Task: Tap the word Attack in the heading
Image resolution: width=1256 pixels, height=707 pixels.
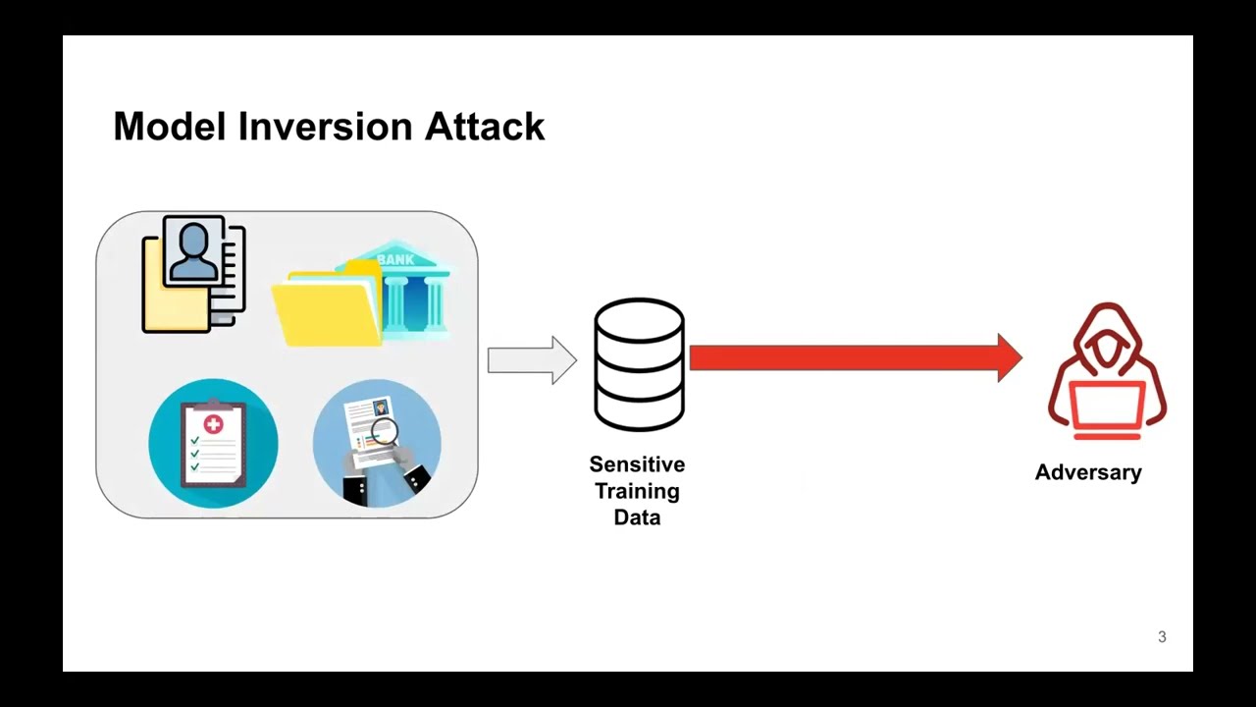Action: point(485,127)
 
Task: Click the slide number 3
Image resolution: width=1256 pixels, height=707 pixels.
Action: point(1162,637)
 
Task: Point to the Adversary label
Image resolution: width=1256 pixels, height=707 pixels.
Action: point(1088,472)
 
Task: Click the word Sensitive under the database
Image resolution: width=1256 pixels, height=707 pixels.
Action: point(637,464)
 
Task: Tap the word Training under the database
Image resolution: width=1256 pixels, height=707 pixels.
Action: point(637,491)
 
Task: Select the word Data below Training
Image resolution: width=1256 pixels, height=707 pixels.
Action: point(637,517)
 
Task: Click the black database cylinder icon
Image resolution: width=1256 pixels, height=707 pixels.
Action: point(639,364)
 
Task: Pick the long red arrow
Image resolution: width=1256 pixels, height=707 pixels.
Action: point(856,358)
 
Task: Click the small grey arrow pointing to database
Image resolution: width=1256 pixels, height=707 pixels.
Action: point(532,360)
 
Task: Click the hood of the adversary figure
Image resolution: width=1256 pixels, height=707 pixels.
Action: point(1108,337)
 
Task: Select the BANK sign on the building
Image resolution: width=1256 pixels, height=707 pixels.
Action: point(395,259)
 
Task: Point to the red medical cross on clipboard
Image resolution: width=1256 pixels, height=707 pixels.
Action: point(213,424)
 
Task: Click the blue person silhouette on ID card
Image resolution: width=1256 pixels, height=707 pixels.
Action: point(193,252)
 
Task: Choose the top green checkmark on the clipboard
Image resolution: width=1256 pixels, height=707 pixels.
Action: point(194,441)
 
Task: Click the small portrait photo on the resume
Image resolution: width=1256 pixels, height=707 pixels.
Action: point(382,407)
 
